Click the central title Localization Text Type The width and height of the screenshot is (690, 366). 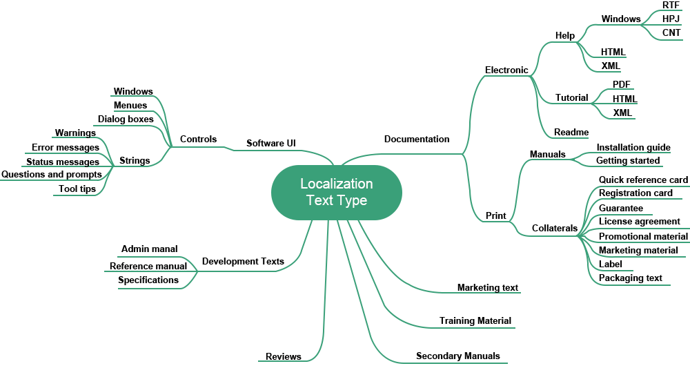337,192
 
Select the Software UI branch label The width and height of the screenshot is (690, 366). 271,143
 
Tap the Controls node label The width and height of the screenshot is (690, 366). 198,139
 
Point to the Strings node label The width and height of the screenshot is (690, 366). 135,161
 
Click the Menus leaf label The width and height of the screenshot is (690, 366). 130,105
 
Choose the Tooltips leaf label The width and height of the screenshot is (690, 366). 77,189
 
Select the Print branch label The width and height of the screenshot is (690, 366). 496,216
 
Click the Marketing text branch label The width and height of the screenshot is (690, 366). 487,287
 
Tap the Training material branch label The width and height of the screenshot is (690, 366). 475,320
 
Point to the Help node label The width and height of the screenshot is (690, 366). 565,35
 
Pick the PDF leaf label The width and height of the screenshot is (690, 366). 622,84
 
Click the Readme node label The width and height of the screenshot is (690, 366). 571,132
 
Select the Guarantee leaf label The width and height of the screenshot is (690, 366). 621,208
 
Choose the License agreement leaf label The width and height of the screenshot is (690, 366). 639,222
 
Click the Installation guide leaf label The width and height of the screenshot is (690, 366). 633,147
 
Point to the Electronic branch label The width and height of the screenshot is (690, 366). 506,70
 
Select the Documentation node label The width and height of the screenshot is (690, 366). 417,139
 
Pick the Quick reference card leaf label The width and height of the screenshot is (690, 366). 642,180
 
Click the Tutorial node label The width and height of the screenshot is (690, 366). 572,97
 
